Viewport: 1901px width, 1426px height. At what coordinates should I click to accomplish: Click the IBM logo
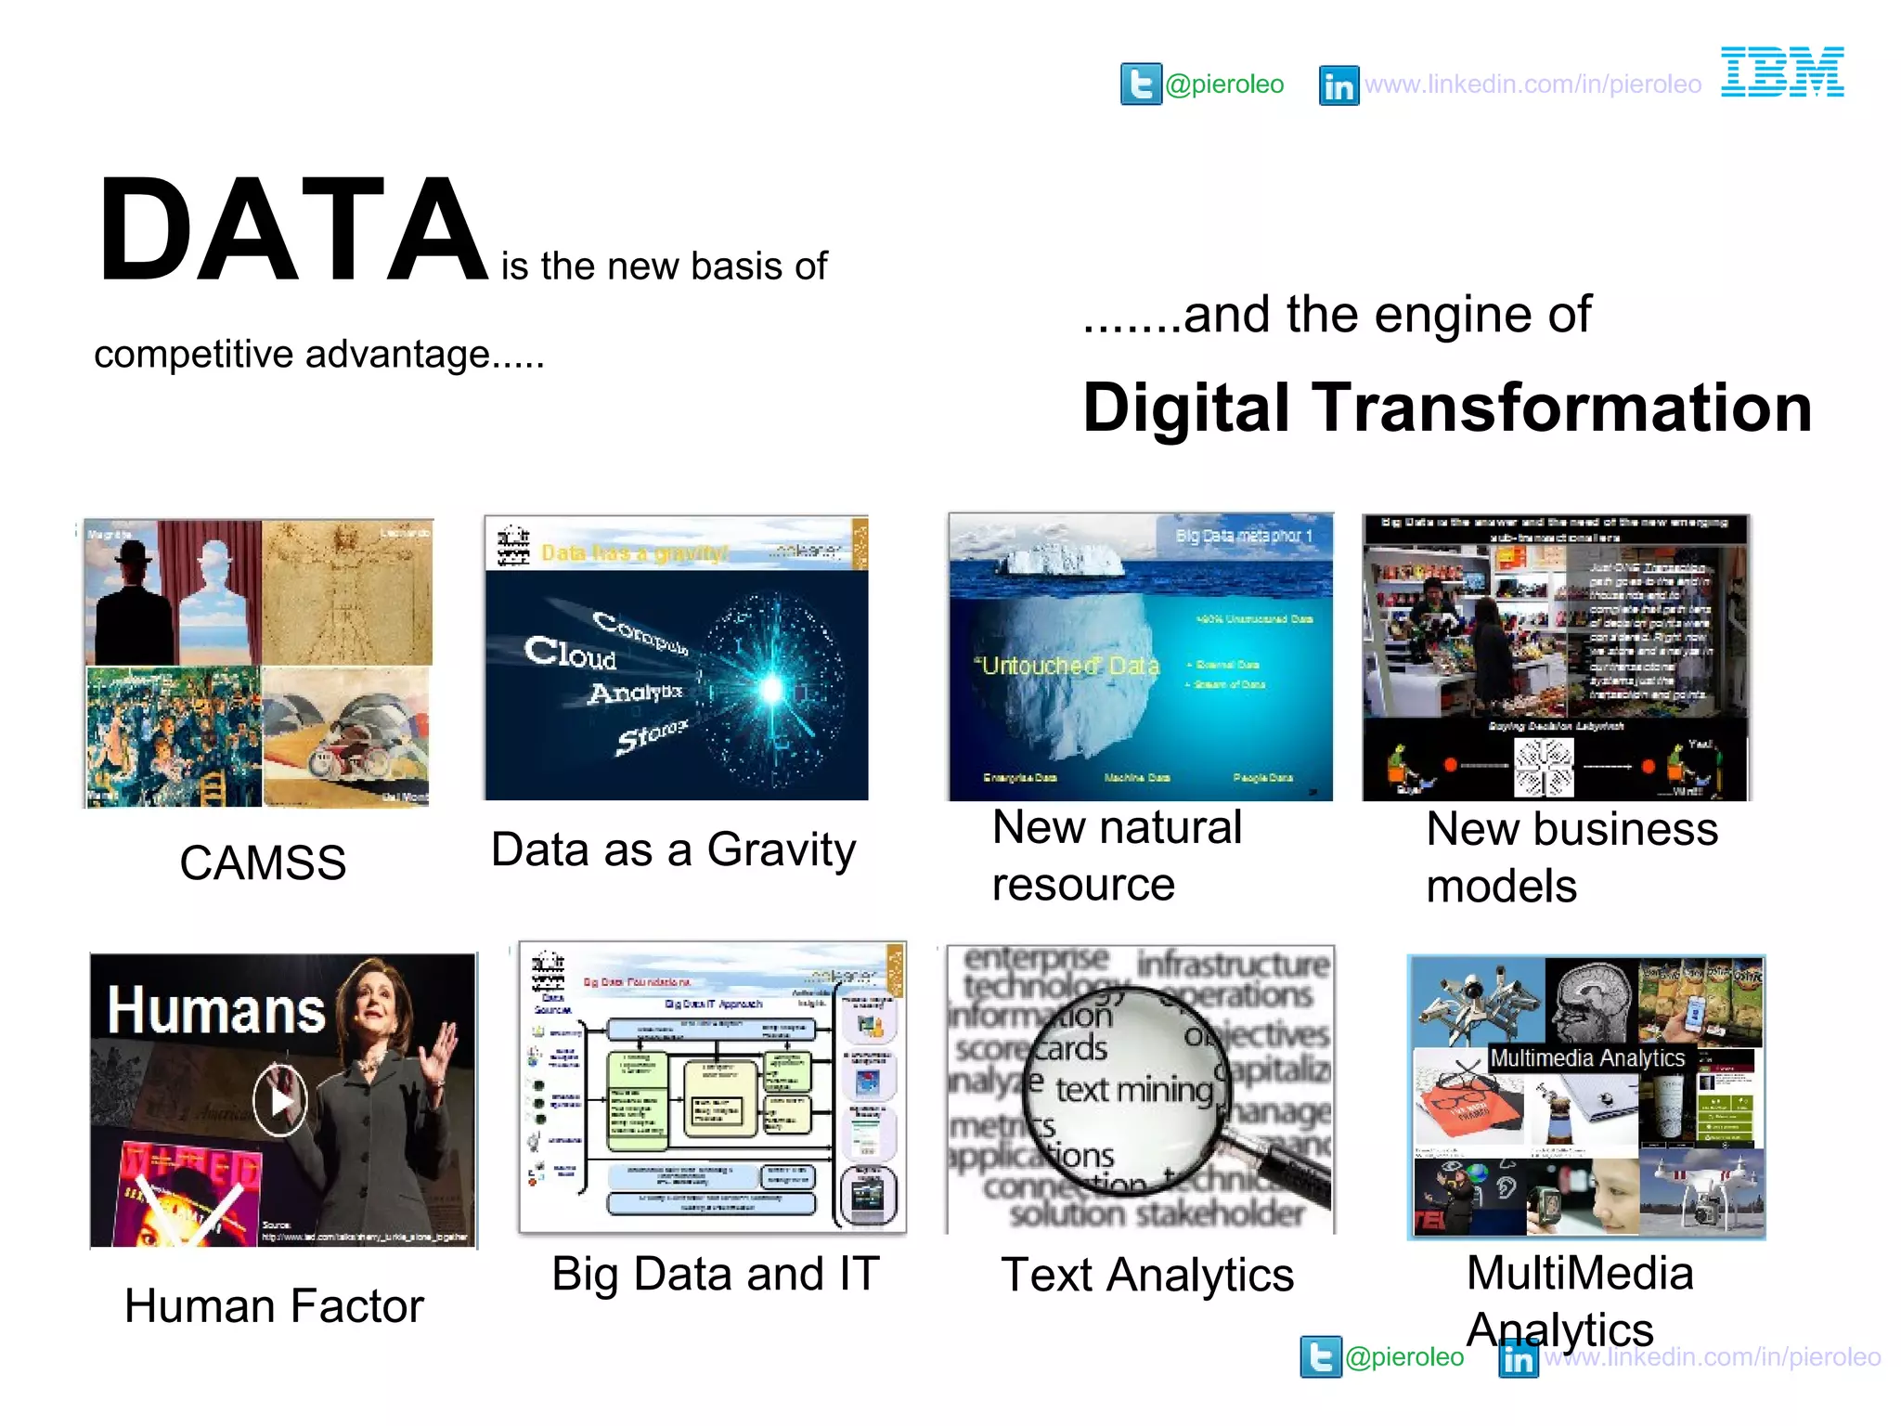coord(1782,71)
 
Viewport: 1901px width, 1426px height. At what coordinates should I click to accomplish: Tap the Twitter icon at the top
coord(1141,84)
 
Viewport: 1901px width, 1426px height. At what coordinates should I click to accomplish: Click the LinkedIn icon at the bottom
coord(1519,1358)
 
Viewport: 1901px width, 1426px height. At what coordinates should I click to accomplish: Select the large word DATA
coord(292,229)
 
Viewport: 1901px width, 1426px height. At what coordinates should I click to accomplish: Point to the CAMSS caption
coord(263,862)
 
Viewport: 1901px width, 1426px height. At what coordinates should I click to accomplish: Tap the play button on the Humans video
coord(280,1101)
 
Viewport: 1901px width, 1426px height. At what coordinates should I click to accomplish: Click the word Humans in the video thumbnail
coord(216,1010)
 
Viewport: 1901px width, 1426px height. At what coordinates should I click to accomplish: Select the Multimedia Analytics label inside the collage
coord(1586,1057)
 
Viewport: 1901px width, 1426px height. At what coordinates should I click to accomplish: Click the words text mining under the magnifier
coord(1134,1089)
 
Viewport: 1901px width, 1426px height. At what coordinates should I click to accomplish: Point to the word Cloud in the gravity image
coord(570,653)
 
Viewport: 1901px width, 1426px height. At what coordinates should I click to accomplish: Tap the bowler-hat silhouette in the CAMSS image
coord(135,603)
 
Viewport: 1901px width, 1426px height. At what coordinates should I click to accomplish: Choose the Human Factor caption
coord(274,1306)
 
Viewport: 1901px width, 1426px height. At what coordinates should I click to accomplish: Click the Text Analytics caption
coord(1147,1275)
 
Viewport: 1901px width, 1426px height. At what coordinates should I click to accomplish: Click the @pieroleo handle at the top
coord(1224,84)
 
